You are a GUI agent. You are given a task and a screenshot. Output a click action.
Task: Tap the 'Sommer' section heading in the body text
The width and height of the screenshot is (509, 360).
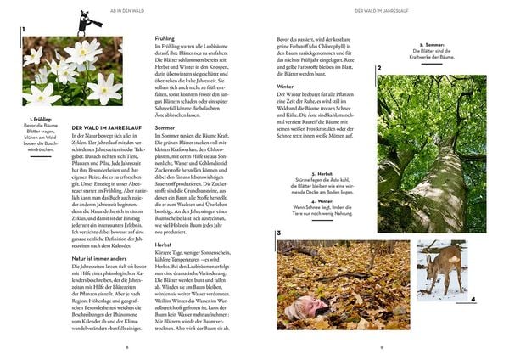click(165, 127)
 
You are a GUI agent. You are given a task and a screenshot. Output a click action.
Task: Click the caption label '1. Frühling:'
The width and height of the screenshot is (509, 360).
click(41, 119)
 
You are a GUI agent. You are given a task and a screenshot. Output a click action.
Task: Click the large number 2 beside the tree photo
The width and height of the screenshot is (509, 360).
click(379, 67)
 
